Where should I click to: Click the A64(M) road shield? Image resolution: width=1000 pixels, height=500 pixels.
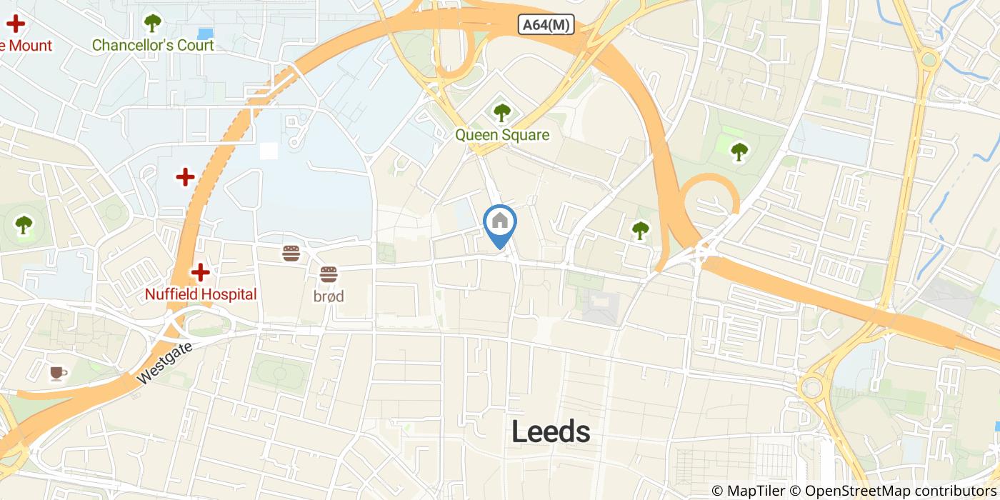(x=546, y=25)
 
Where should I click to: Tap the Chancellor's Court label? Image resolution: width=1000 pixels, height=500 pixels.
(x=153, y=46)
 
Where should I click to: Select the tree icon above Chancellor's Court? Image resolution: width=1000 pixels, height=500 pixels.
(x=152, y=24)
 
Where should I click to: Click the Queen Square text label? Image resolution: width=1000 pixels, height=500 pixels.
(x=502, y=135)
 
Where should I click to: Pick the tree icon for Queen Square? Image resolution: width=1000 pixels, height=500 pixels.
(x=502, y=112)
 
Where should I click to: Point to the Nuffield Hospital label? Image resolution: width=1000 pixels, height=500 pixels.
(x=201, y=294)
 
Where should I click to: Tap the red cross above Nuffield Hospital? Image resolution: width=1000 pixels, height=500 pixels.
(x=200, y=272)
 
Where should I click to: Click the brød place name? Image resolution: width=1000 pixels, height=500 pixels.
(x=329, y=296)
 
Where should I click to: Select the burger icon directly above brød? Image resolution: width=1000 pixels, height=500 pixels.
(x=329, y=273)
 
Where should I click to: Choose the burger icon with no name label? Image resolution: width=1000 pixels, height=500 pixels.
(x=291, y=253)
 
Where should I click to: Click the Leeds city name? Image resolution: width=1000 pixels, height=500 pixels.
(x=551, y=431)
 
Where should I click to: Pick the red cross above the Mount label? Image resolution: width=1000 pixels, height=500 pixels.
(x=15, y=24)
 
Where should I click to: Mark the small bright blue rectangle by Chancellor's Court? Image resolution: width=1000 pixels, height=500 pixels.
(x=205, y=34)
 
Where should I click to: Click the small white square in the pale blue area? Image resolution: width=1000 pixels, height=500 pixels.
(x=269, y=151)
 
